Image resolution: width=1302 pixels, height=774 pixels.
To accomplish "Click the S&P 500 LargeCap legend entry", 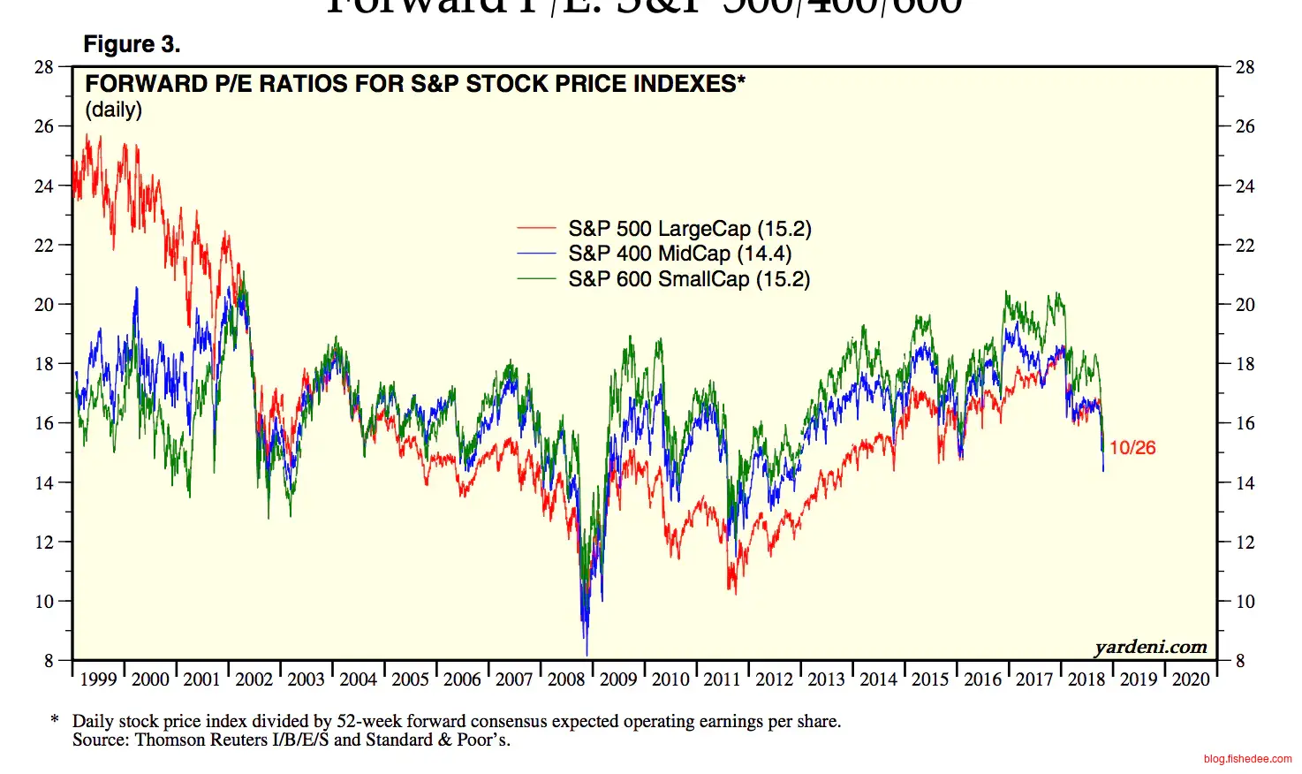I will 689,229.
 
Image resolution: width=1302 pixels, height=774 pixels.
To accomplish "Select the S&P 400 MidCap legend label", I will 679,254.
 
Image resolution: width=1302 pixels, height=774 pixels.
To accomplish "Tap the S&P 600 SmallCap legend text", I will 689,279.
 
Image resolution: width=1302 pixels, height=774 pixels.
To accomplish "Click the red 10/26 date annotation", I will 1132,448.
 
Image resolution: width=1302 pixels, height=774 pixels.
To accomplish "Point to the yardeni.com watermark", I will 1150,647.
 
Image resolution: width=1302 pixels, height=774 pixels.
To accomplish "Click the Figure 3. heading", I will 132,44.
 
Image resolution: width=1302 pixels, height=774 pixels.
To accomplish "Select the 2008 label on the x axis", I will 566,679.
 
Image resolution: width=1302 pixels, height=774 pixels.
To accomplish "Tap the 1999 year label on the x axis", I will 98,679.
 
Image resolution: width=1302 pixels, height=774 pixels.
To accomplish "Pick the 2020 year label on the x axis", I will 1191,679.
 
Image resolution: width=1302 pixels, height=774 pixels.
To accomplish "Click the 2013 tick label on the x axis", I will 826,679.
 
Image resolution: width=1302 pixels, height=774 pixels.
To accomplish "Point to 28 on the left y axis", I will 44,67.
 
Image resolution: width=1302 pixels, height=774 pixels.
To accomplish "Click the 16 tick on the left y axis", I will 44,423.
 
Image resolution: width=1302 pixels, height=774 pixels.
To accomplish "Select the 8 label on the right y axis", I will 1240,661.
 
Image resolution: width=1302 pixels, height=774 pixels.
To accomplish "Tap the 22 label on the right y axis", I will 1245,246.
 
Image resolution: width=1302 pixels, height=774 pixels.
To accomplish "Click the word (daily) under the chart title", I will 113,110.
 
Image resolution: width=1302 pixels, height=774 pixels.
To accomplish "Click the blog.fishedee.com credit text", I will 1247,759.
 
